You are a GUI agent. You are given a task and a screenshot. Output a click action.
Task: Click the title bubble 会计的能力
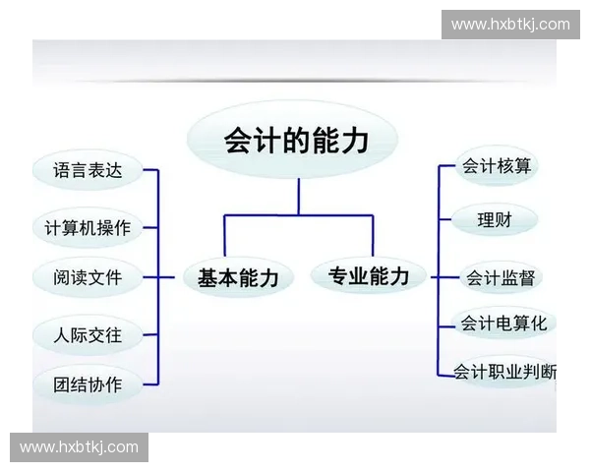(x=296, y=140)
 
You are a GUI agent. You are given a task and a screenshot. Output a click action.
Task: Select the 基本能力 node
(x=238, y=277)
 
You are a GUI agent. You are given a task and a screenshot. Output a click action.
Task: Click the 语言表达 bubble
(x=88, y=170)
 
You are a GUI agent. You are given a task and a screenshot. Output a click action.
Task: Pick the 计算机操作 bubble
(x=88, y=228)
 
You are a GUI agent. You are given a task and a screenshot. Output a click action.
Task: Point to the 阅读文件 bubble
(x=88, y=277)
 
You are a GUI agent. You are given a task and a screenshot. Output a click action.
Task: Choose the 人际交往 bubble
(x=88, y=335)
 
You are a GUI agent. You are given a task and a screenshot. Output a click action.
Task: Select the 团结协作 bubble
(x=88, y=384)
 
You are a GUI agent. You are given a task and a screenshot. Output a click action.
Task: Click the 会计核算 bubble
(x=497, y=166)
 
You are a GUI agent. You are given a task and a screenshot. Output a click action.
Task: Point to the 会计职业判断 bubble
(x=505, y=372)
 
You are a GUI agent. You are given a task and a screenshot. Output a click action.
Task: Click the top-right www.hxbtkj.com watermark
(x=510, y=24)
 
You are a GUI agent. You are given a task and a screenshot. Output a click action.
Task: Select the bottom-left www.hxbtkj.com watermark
(x=79, y=447)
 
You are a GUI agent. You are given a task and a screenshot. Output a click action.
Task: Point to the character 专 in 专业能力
(x=339, y=275)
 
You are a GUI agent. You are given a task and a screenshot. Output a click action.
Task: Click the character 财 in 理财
(x=503, y=219)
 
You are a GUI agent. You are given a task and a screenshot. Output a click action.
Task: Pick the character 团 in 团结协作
(x=64, y=384)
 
